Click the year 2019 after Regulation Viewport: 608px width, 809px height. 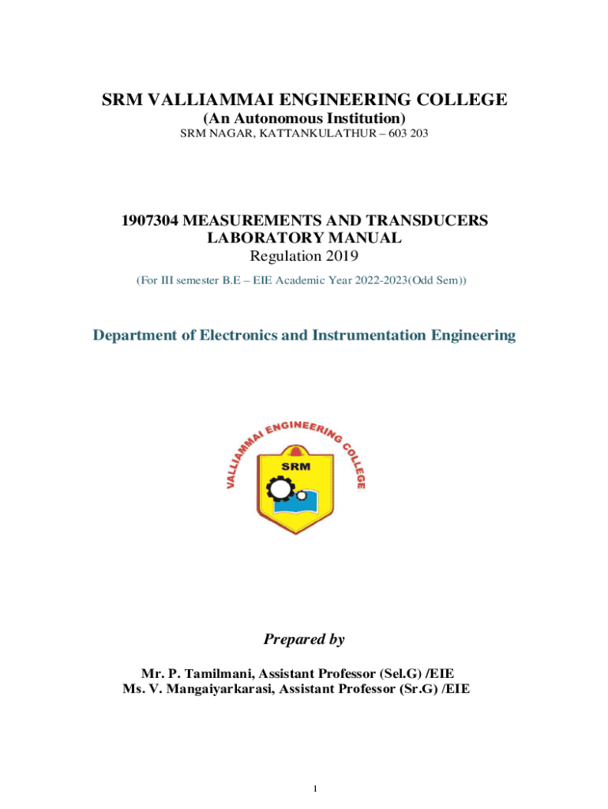click(x=341, y=255)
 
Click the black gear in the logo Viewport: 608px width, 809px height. click(x=280, y=490)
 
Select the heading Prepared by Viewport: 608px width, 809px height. click(x=304, y=639)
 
